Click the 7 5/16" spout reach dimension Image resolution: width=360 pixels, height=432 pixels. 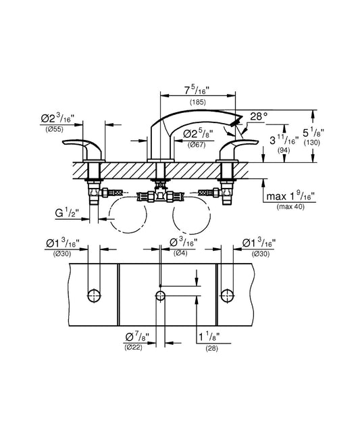tap(197, 90)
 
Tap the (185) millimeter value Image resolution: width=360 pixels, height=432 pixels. tap(198, 102)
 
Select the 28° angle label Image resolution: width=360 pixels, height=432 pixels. tap(259, 116)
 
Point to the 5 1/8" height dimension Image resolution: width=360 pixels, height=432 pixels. tap(313, 133)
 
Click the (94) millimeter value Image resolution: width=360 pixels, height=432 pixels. tap(284, 150)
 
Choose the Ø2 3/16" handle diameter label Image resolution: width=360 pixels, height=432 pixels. tap(58, 119)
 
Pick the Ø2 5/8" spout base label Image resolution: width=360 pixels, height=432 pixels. tap(199, 135)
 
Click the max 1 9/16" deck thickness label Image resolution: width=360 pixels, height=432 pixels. tap(290, 197)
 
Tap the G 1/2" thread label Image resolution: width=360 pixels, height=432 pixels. tap(67, 213)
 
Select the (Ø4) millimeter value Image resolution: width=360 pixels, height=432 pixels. tap(180, 253)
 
